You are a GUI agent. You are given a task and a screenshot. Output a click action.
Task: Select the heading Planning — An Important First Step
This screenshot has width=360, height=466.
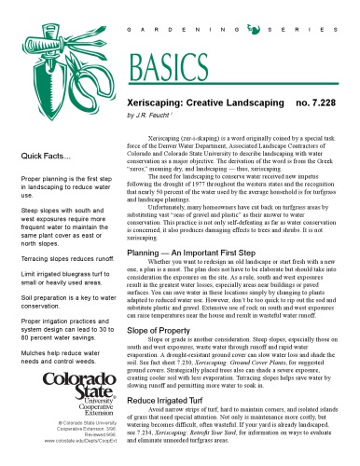[x=192, y=226]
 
